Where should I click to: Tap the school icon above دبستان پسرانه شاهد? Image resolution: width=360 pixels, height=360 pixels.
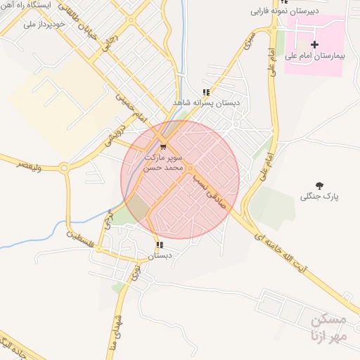(x=206, y=92)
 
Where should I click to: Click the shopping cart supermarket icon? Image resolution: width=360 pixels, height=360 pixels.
(x=163, y=147)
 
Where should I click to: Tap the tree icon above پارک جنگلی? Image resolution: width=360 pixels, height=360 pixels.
(x=320, y=186)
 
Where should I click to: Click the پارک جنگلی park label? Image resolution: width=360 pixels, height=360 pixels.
(x=320, y=197)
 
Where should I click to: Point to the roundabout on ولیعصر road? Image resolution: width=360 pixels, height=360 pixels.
(x=65, y=168)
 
